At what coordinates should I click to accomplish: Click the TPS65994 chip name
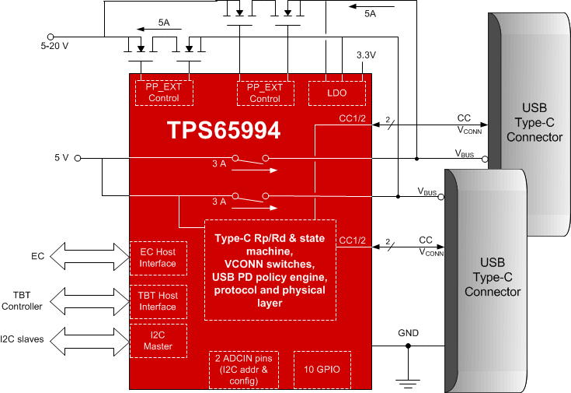coord(224,131)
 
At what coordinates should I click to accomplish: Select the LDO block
coord(336,93)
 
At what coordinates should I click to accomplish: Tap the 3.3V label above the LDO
coord(365,56)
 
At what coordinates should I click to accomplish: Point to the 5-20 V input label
coord(54,46)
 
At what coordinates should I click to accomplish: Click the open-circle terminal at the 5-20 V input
coord(51,36)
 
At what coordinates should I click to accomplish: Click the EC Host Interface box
coord(158,258)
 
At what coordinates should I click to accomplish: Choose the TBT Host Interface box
coord(158,301)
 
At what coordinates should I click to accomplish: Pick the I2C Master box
coord(158,341)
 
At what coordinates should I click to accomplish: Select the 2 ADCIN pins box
coord(243,369)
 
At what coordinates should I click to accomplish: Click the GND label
coord(409,333)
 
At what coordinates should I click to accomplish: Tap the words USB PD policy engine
coord(270,277)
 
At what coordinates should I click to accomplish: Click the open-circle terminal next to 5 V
coord(78,158)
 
